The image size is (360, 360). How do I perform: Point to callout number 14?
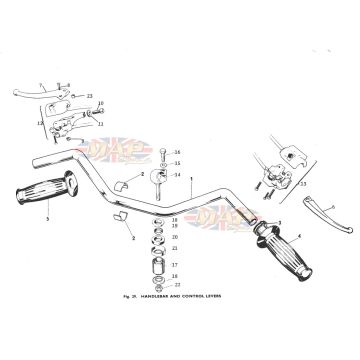[x=177, y=175]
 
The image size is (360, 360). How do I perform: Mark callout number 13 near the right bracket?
[x=304, y=186]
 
